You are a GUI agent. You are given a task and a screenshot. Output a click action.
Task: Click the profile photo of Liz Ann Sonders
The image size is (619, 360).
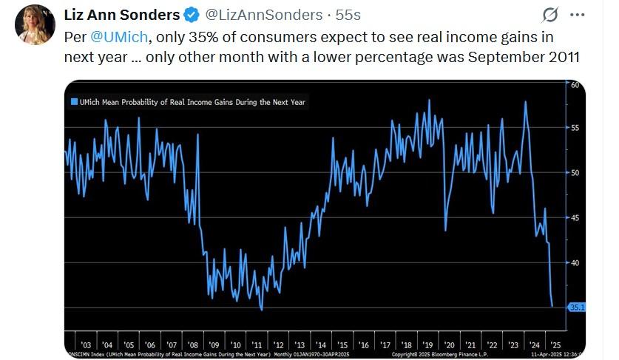pos(35,24)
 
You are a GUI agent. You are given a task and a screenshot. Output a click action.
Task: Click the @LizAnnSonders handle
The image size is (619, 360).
pos(259,15)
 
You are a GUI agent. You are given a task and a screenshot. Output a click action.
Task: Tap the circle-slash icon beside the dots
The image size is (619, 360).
pos(550,15)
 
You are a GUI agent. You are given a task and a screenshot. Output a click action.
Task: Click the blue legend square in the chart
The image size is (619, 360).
pos(74,102)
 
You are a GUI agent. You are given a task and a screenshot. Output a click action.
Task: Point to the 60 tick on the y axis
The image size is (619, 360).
pos(575,85)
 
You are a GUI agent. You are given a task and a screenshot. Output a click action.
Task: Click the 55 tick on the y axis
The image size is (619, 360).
pos(575,128)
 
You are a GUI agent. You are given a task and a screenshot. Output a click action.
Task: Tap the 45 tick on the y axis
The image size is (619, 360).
pos(575,217)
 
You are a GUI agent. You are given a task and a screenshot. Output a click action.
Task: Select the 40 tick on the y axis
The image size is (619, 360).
pos(575,262)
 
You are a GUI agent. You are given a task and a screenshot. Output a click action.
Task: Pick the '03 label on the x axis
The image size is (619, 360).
pos(86,345)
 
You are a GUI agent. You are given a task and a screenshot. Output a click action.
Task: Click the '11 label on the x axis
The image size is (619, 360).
pos(257,345)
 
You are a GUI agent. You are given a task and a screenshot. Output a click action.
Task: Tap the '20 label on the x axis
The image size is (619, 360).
pos(449,345)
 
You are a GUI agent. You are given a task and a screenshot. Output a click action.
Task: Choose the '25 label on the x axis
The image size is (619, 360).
pos(556,345)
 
